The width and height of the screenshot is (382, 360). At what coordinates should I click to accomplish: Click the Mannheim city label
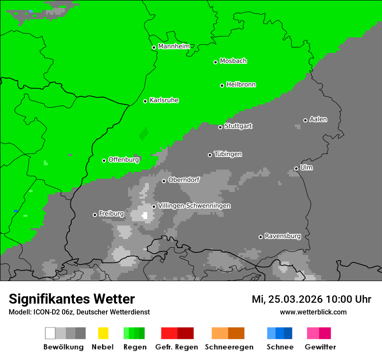174,46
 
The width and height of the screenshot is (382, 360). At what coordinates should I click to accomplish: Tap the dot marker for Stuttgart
220,127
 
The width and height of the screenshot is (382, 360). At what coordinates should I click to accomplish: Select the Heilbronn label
241,85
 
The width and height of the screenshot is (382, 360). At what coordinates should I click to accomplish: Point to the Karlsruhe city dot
145,101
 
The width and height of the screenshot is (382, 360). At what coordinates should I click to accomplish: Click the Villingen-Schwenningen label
194,206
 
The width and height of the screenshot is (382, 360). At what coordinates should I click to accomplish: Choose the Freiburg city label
111,213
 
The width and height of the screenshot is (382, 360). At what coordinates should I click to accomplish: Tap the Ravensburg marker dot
260,237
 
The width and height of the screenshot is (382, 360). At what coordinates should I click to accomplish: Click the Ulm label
306,167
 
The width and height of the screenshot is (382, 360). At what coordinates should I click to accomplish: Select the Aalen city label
318,119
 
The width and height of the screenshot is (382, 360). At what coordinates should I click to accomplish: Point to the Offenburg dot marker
104,160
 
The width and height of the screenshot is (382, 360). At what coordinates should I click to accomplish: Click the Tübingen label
228,154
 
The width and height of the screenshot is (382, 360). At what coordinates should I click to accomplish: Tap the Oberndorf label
184,180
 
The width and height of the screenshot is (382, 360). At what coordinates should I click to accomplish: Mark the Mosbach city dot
215,62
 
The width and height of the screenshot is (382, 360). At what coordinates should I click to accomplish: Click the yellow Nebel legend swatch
103,333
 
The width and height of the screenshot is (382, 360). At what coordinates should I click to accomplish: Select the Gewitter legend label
320,347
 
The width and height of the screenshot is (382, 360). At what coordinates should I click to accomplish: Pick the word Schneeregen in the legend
229,347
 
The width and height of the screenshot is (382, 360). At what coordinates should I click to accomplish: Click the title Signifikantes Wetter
72,299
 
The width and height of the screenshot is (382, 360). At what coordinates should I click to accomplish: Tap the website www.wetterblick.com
313,312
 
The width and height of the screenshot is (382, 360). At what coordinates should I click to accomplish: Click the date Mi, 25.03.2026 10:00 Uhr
311,299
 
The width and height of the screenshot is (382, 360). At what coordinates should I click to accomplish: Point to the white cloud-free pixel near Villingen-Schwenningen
145,215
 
